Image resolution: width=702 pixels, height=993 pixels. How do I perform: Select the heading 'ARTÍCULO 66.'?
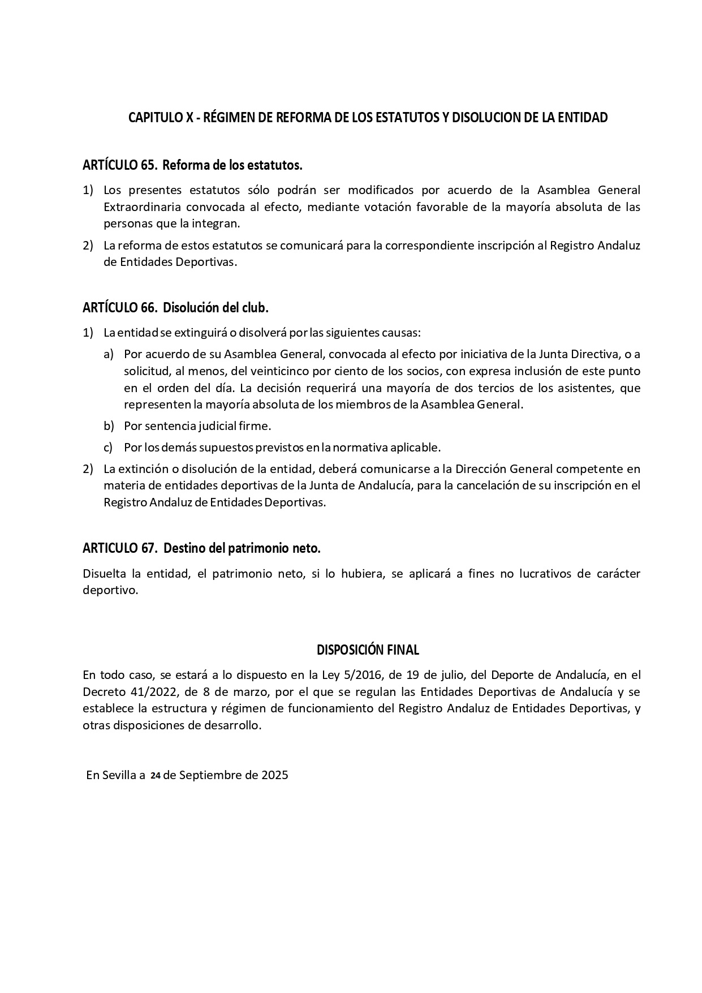tap(119, 308)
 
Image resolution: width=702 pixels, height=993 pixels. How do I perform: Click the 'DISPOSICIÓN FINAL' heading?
tap(368, 650)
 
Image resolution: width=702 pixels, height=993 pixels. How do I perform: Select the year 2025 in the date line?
tap(275, 775)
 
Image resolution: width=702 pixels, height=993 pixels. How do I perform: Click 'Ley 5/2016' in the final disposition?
tap(354, 675)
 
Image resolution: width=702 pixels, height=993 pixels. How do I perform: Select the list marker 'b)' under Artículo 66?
tap(109, 425)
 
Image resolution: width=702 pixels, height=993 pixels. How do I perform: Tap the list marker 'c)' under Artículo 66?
tap(109, 447)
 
